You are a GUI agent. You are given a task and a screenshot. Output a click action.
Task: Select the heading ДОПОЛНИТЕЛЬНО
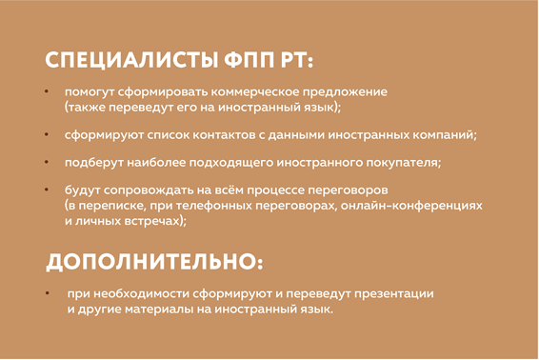pos(152,261)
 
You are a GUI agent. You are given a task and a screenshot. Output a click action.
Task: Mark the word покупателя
pos(403,163)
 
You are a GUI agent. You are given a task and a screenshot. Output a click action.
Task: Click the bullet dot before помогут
pos(49,91)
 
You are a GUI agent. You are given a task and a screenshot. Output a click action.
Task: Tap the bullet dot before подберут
pos(49,162)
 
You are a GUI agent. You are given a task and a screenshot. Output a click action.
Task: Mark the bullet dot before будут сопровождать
pos(49,190)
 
